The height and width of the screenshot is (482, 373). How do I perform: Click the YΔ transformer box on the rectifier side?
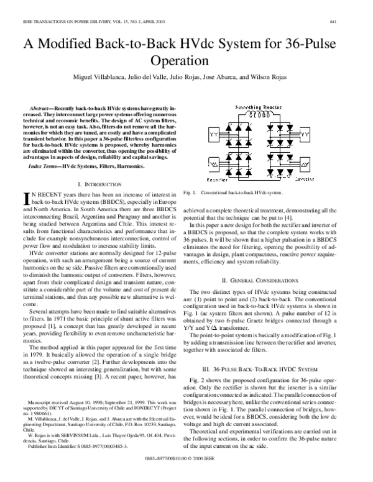coord(214,165)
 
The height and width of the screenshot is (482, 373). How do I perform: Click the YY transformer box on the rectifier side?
coord(214,133)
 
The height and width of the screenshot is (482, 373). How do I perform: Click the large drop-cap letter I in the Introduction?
coord(25,200)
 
